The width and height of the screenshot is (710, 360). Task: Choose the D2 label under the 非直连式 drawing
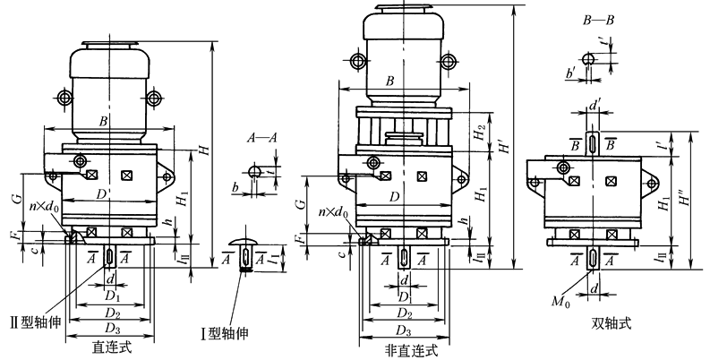pyautogui.click(x=404, y=315)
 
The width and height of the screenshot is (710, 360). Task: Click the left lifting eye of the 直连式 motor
pyautogui.click(x=64, y=98)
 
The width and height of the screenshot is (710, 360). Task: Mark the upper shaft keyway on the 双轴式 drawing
pyautogui.click(x=594, y=143)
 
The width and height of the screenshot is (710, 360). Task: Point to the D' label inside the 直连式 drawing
pyautogui.click(x=103, y=194)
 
